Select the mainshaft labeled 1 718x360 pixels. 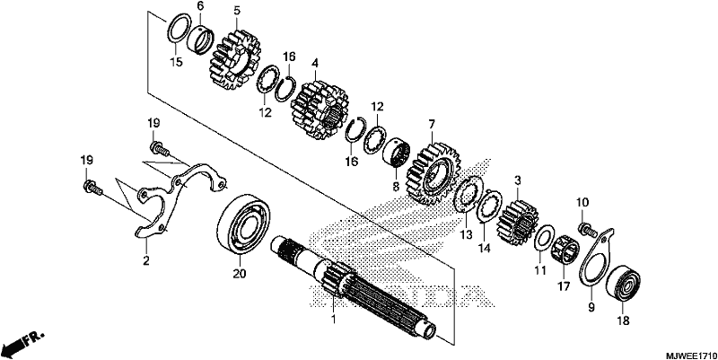click(353, 288)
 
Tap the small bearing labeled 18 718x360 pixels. click(623, 283)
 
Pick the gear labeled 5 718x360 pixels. click(234, 59)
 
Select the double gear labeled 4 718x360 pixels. click(320, 110)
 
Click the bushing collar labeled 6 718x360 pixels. click(201, 40)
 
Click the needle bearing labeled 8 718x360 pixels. click(398, 154)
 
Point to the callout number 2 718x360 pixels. click(146, 261)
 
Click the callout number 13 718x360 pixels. click(466, 234)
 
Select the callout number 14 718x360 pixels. click(485, 249)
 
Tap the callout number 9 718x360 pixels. click(591, 307)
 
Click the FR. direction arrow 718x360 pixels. click(23, 341)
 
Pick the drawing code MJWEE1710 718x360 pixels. click(691, 356)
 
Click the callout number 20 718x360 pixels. click(239, 274)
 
